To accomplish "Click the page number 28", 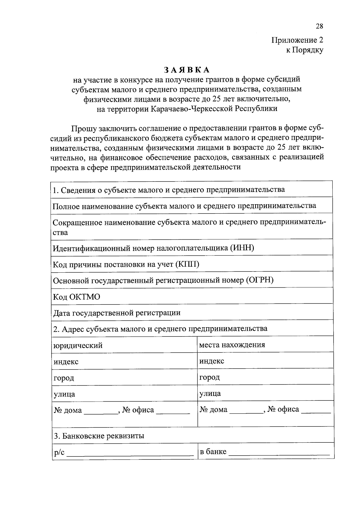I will click(319, 26).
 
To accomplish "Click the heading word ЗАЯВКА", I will click(187, 70).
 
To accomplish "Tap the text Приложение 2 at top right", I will click(297, 40).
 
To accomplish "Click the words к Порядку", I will click(304, 50).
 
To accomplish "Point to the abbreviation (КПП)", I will click(187, 264).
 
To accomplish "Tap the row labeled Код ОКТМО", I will click(77, 297).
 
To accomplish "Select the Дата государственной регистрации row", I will click(117, 313).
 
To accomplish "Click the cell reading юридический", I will click(78, 346).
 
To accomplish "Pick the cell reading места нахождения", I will click(232, 344).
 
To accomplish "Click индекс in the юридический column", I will click(66, 362).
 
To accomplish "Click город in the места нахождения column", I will click(209, 377).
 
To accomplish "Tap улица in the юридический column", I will click(64, 394).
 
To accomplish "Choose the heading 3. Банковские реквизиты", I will click(99, 436).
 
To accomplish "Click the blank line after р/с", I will click(130, 454).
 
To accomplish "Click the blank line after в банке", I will click(279, 453).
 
